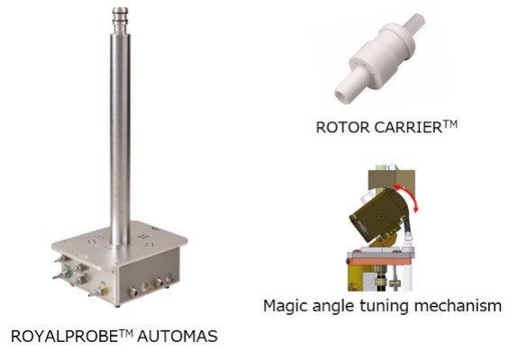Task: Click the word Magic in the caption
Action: [285, 306]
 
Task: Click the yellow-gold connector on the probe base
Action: [105, 291]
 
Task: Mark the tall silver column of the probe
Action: [120, 135]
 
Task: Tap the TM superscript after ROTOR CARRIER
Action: [450, 123]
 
